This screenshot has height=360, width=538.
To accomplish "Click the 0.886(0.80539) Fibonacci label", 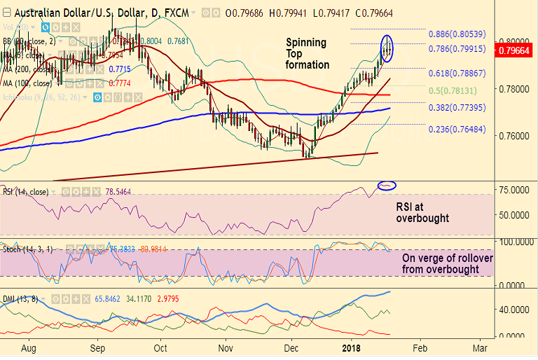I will point(457,34).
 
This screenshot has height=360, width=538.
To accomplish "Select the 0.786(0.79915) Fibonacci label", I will point(457,49).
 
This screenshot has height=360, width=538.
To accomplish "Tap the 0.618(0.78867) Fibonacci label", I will point(457,73).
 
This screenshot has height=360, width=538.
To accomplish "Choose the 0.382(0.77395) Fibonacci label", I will point(457,108).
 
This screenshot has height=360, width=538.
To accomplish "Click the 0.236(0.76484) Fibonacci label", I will point(457,130).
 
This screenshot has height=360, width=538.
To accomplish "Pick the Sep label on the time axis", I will point(97,347).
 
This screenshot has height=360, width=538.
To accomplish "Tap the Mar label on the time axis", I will point(480,347).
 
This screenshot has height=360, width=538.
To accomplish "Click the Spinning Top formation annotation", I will point(307,53).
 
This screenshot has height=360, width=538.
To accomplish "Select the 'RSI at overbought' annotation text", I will point(422,212).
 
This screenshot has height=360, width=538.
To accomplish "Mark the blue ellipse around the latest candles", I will point(387,48).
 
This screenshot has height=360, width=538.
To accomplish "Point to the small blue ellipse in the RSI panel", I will point(387,186).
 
